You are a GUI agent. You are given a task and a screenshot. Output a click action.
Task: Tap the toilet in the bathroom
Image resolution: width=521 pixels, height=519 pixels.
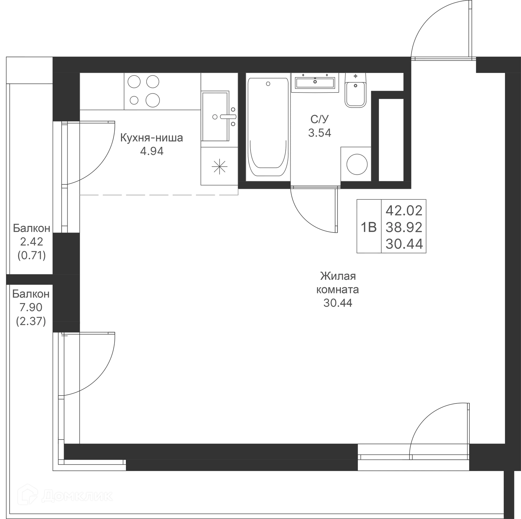coord(355,90)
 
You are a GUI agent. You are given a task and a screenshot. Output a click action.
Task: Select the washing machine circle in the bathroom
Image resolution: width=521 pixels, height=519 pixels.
coord(357,164)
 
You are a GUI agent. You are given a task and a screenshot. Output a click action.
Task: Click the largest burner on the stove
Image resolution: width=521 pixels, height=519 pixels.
coord(153,100)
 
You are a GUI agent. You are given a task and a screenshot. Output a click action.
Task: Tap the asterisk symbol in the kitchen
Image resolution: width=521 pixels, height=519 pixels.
coord(219,166)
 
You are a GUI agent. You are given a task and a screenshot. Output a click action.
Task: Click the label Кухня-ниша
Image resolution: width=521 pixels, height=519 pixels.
coord(151,138)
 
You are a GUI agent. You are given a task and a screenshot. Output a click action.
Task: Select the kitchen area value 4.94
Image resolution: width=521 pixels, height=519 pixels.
coord(152,151)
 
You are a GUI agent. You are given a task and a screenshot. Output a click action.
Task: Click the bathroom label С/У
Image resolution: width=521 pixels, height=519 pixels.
coord(320,119)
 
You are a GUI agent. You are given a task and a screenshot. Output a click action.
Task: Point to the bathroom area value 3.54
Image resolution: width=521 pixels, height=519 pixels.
coord(320,133)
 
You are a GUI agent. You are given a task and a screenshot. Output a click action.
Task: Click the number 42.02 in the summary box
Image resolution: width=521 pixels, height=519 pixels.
coord(404,210)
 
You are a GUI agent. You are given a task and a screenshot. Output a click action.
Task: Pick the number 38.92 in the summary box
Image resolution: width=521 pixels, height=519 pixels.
coord(404,227)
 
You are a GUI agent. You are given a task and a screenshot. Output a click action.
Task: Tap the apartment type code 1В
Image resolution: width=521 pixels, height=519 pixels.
coord(369,227)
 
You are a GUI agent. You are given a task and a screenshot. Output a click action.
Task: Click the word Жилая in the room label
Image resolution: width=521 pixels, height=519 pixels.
coord(338,276)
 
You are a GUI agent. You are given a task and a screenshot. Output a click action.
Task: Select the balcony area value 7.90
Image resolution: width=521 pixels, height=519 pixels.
coord(31,307)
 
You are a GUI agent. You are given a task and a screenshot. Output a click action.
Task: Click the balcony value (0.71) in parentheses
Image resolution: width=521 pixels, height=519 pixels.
coord(31,255)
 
